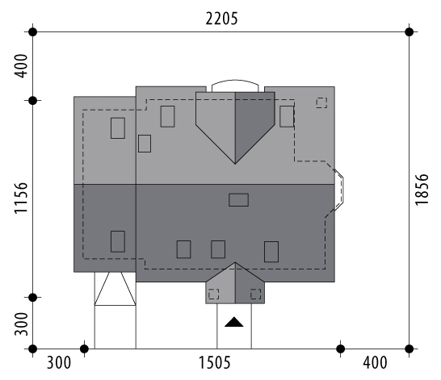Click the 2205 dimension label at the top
pos(221,19)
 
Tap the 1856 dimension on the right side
pos(422,190)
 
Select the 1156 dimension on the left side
pos(21,198)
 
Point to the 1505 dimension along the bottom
pos(215,362)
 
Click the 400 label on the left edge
pos(21,66)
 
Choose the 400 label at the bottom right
pos(375,362)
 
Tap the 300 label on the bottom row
pos(58,362)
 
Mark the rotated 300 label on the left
pos(21,324)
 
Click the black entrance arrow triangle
pos(234,322)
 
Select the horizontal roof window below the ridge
pos(238,200)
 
